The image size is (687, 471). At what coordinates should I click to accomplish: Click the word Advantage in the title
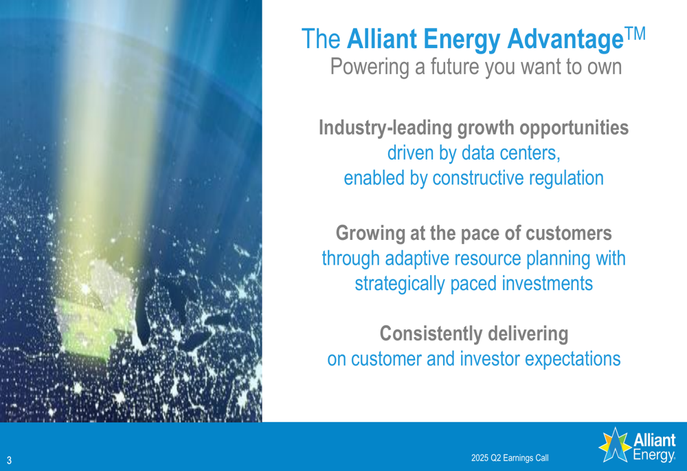[565, 39]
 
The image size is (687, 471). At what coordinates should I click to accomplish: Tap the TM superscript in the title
[635, 34]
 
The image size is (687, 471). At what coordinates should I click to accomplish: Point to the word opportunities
[574, 128]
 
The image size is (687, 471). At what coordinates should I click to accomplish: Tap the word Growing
[370, 233]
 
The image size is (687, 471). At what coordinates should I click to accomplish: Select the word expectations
[573, 359]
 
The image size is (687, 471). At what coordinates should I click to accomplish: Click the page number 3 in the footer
[9, 461]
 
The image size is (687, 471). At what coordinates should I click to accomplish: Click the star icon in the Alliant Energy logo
[615, 445]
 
